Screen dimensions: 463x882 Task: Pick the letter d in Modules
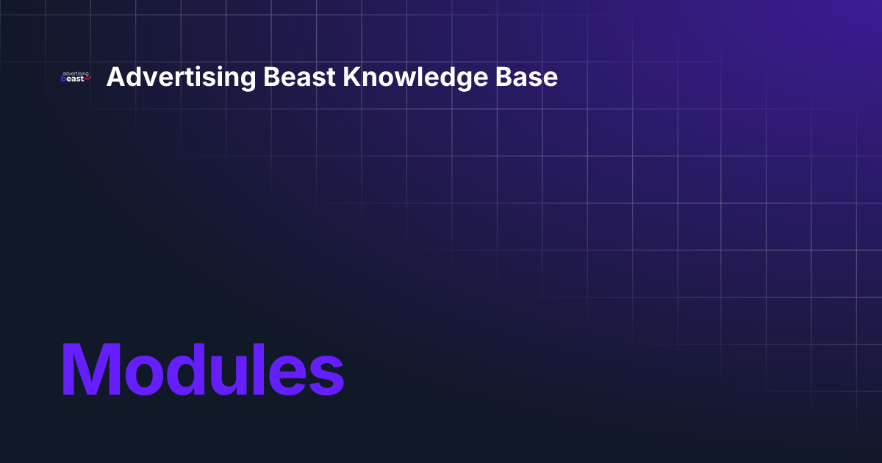point(187,370)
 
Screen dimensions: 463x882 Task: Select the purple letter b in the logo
point(64,79)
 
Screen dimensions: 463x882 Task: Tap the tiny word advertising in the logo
point(76,73)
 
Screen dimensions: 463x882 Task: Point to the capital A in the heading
point(115,77)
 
